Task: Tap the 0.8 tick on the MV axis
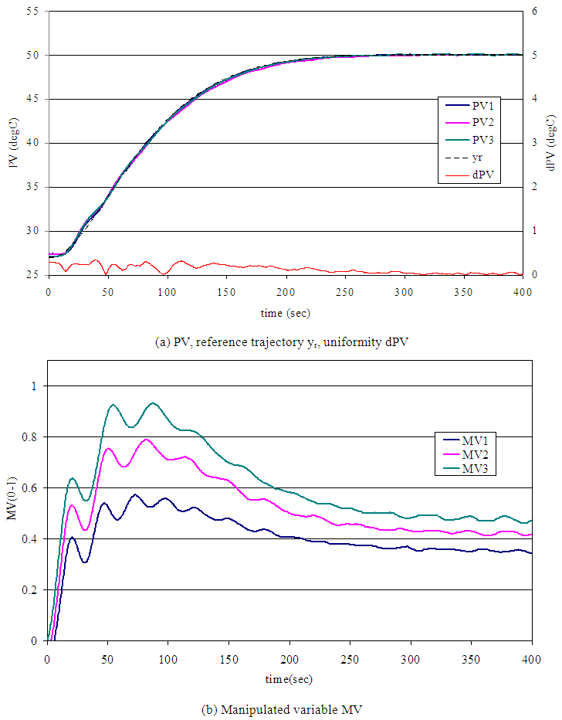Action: click(x=33, y=436)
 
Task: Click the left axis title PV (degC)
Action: click(x=14, y=144)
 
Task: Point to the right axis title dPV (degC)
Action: click(x=550, y=144)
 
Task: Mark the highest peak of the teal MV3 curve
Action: click(x=153, y=402)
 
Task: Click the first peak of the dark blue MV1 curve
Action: click(x=72, y=537)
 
